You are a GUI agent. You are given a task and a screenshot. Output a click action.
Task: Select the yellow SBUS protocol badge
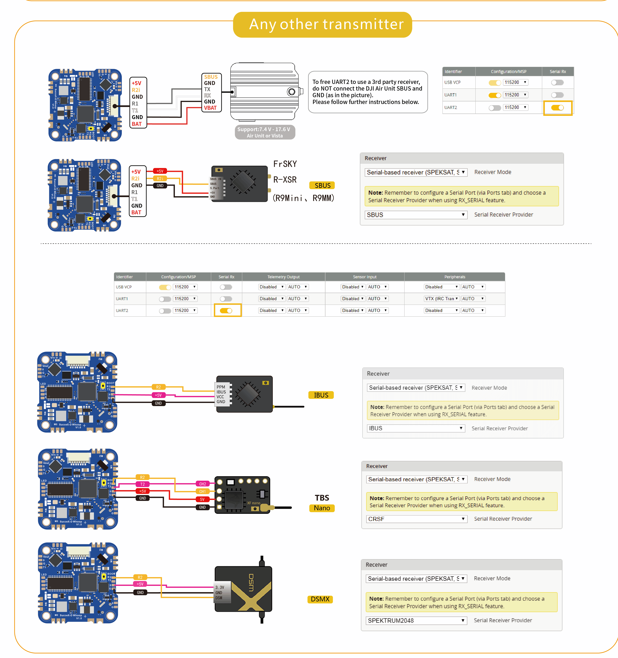point(322,185)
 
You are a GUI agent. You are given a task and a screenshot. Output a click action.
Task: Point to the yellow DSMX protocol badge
point(320,599)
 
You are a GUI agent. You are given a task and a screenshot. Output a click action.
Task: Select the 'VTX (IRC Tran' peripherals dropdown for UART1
point(441,299)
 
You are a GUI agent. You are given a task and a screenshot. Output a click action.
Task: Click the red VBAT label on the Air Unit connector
point(210,108)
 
